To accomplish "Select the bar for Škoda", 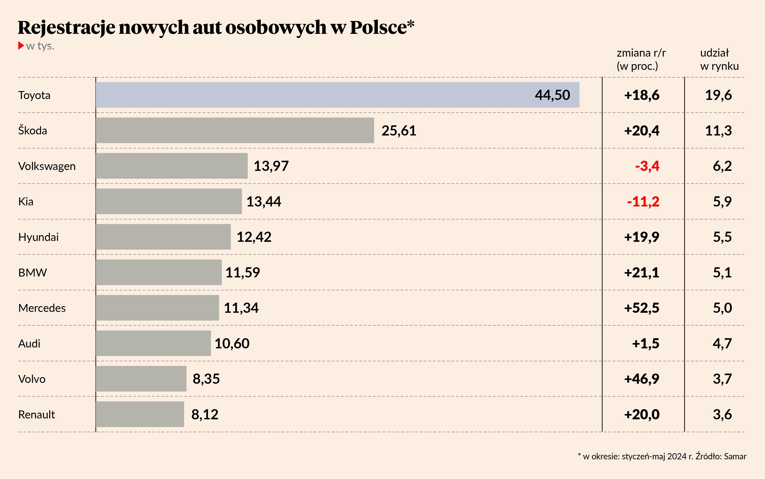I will pyautogui.click(x=234, y=130).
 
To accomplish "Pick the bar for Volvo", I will pyautogui.click(x=141, y=379).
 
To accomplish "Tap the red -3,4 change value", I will pyautogui.click(x=647, y=166).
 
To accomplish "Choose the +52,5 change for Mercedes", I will pyautogui.click(x=642, y=308).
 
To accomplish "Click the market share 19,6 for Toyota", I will pyautogui.click(x=718, y=95).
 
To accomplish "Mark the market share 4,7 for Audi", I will pyautogui.click(x=722, y=344).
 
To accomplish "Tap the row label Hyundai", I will pyautogui.click(x=38, y=237).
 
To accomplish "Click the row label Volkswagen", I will pyautogui.click(x=47, y=166).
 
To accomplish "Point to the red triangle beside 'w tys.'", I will pyautogui.click(x=21, y=46).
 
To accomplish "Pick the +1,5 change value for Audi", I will pyautogui.click(x=646, y=344).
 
